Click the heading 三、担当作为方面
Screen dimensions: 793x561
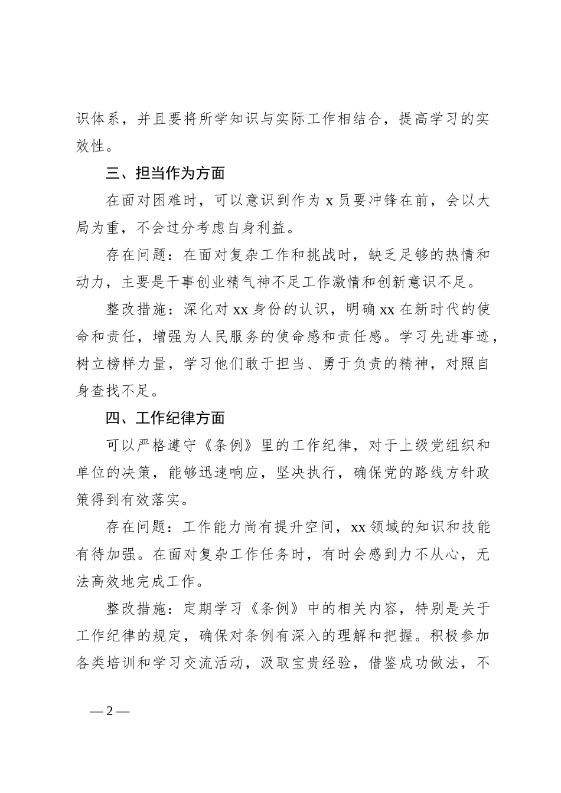point(165,173)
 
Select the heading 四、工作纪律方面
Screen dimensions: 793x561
point(165,418)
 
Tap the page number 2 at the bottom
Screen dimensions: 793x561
point(109,710)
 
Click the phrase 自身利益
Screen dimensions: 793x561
point(261,227)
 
